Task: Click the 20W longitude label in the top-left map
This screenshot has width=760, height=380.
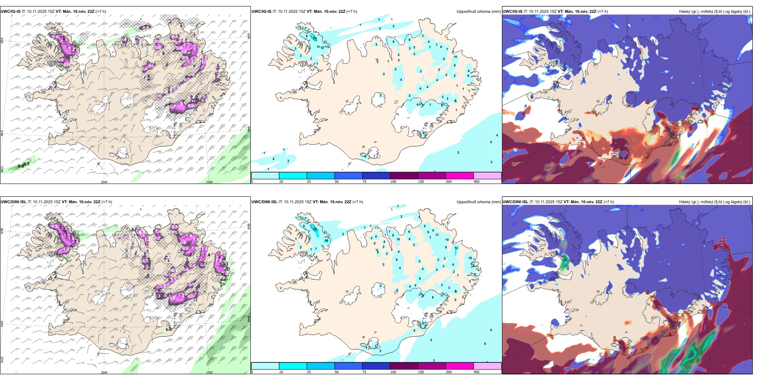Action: (104, 182)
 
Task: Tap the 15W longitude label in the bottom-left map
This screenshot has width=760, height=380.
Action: (209, 372)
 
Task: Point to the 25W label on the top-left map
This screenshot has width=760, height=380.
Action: (2, 169)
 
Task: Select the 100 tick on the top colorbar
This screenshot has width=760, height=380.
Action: (393, 182)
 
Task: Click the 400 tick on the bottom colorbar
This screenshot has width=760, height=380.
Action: (476, 372)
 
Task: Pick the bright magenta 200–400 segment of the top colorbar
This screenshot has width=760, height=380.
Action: (460, 176)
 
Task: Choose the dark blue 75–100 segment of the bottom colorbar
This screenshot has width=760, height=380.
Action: (376, 366)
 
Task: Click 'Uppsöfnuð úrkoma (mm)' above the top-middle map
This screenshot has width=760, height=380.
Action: (478, 12)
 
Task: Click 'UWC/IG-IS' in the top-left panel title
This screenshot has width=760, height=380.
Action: (10, 12)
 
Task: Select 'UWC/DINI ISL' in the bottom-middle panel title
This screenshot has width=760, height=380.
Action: (264, 202)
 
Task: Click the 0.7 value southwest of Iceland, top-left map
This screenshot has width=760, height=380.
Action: (27, 164)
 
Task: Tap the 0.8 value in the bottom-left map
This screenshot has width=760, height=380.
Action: (169, 330)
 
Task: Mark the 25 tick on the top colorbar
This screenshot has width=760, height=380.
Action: (309, 182)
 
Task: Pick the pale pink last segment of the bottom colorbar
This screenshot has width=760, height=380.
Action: (487, 366)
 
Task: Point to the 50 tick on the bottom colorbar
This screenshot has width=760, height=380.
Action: (336, 372)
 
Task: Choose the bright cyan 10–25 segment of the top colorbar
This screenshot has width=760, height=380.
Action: (293, 176)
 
